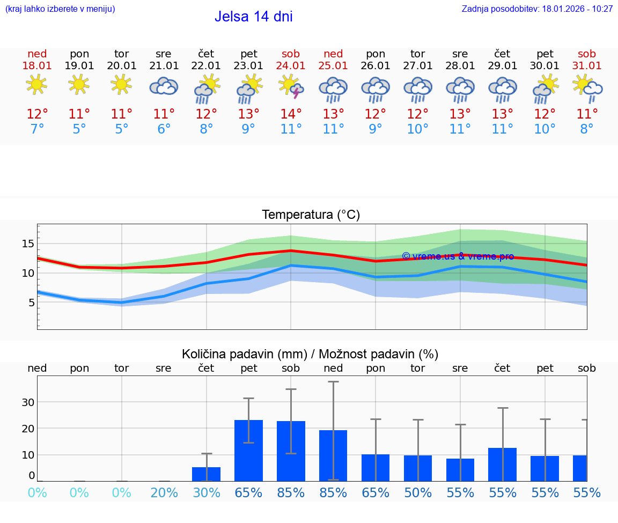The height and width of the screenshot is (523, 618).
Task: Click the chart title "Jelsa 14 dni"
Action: [253, 17]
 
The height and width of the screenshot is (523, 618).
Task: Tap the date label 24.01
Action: [291, 65]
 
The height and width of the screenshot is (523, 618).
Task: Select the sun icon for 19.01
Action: [79, 84]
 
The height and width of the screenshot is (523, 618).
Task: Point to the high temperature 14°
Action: [291, 114]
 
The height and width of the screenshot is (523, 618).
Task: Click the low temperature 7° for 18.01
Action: [37, 129]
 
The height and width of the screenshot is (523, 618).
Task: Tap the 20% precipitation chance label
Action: [164, 492]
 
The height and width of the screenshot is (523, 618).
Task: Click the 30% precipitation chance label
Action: [206, 492]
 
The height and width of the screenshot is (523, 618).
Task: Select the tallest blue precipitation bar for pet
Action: [248, 451]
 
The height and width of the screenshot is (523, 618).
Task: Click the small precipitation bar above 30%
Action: [206, 474]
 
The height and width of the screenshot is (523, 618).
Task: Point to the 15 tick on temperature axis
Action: [27, 244]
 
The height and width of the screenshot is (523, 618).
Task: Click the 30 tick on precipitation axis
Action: [27, 402]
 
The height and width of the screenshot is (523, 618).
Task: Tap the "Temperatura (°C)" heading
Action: [311, 215]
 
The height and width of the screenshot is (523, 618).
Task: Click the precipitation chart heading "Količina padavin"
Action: [310, 354]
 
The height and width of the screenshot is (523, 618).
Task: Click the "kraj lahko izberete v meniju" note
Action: [60, 9]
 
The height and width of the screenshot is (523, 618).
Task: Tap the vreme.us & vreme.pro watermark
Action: [458, 256]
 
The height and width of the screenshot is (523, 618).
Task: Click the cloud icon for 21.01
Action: [164, 86]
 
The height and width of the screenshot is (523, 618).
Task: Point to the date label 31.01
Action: [586, 65]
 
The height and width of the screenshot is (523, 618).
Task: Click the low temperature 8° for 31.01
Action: [586, 129]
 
